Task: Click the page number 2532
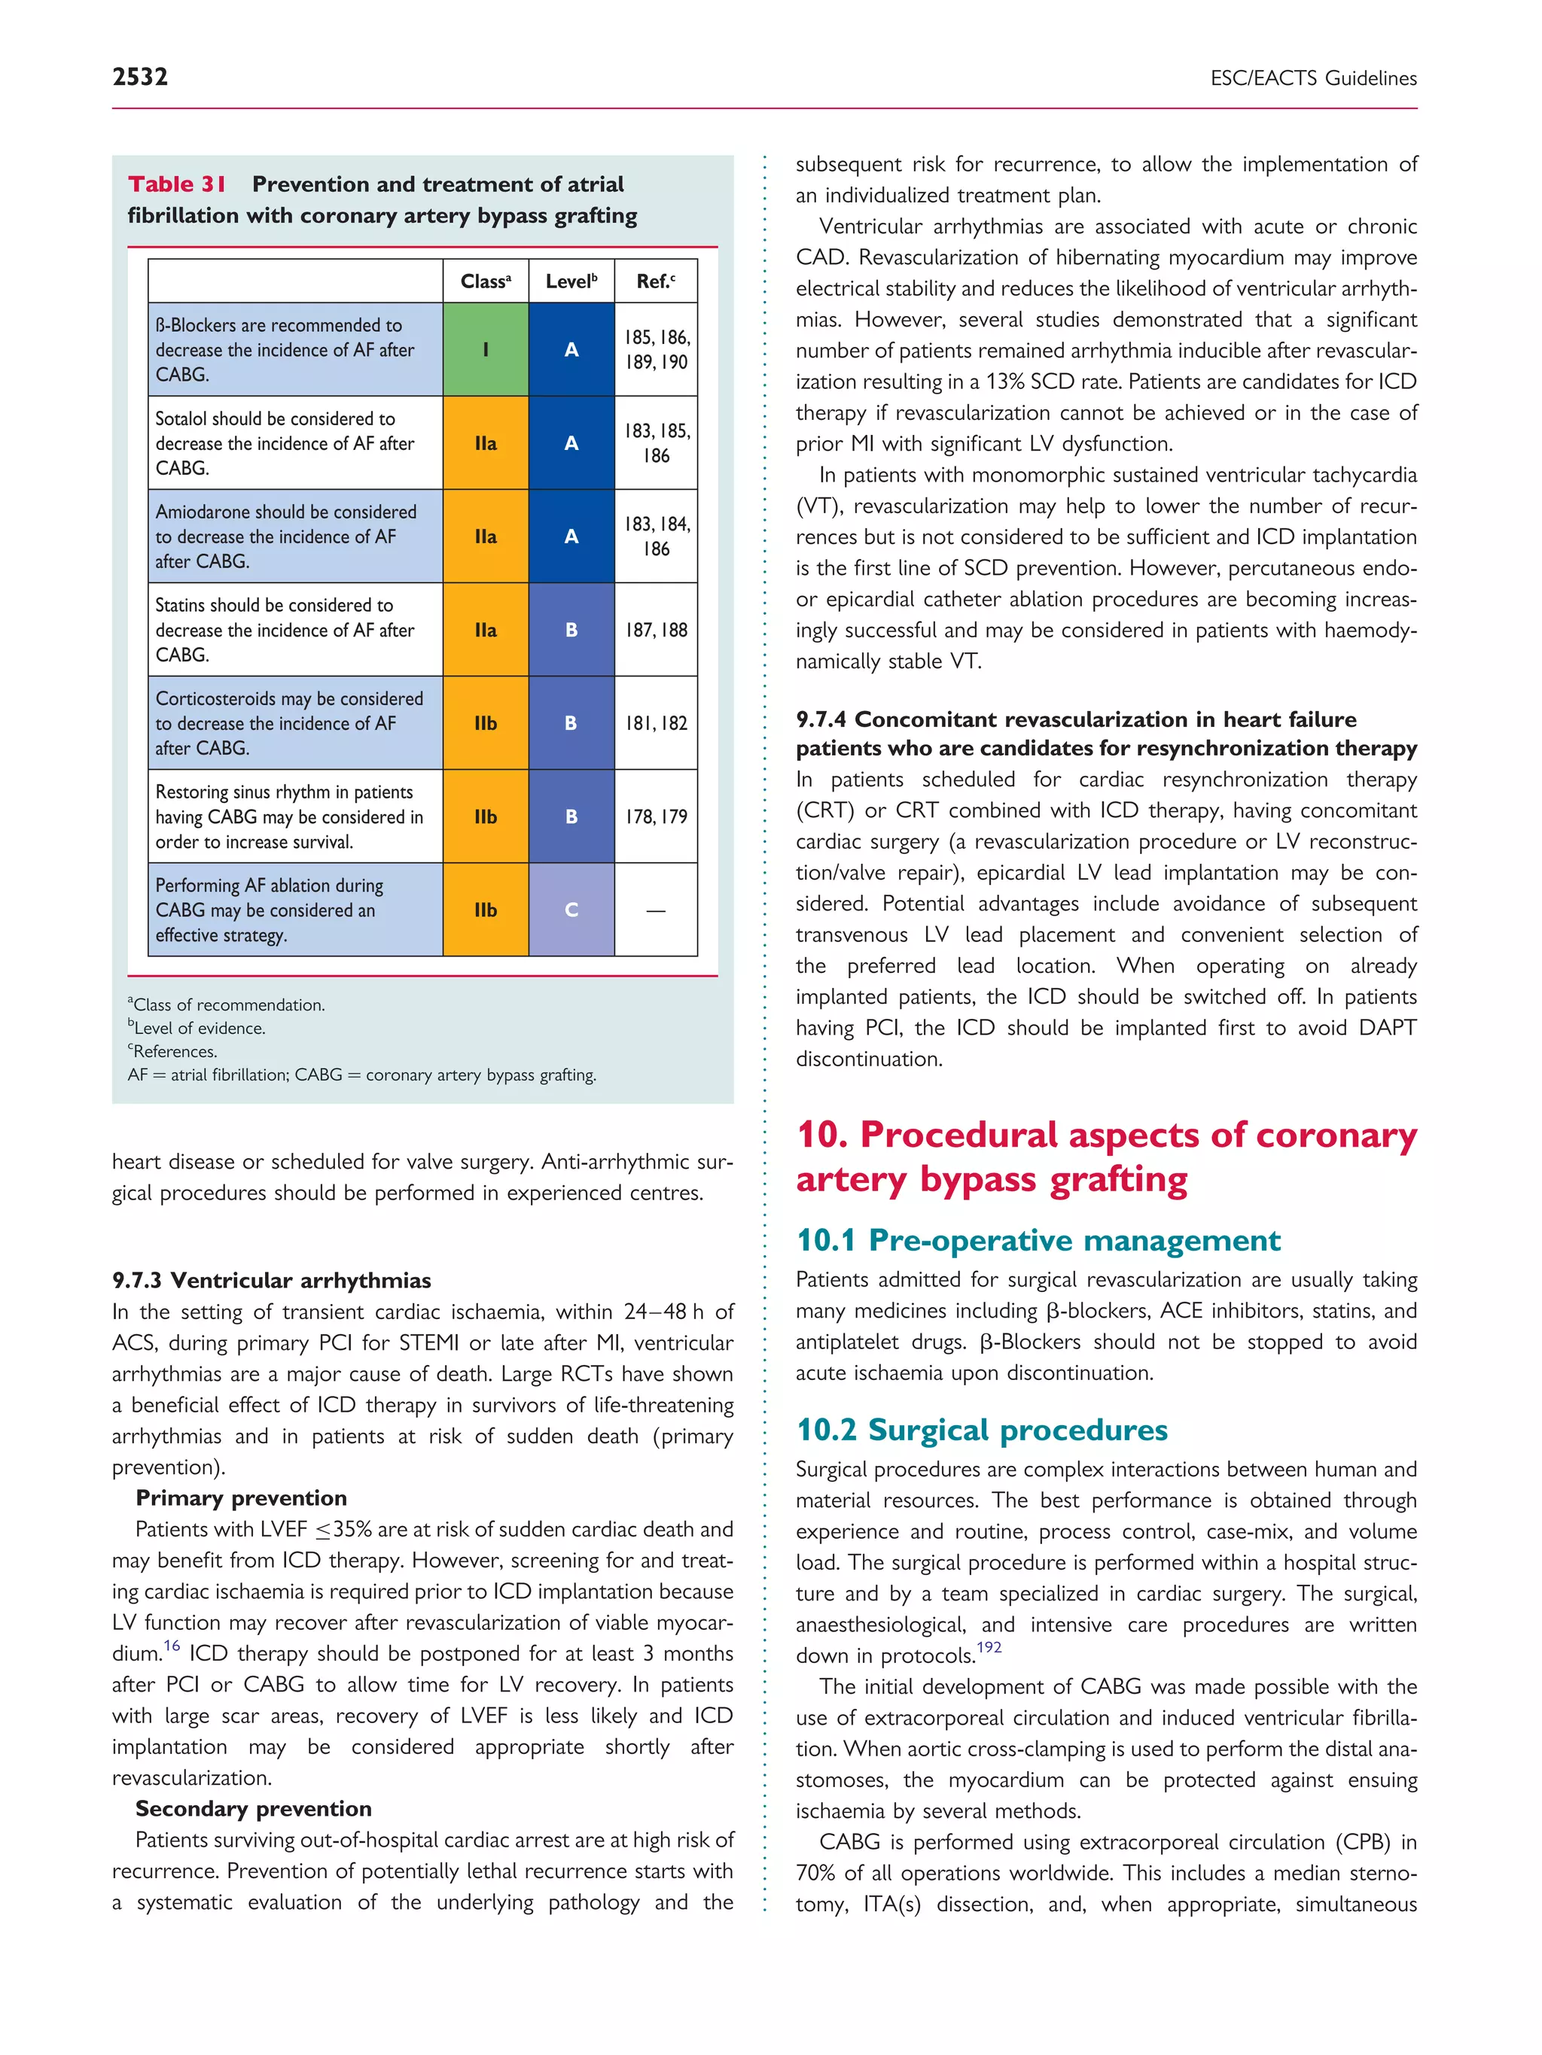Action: pyautogui.click(x=140, y=77)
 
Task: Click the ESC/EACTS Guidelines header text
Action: pyautogui.click(x=1312, y=79)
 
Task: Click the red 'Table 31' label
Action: pyautogui.click(x=177, y=184)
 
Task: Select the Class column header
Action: pyautogui.click(x=485, y=281)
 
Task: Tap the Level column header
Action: pyautogui.click(x=571, y=281)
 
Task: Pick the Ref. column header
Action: pyautogui.click(x=655, y=281)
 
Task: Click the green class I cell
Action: pyautogui.click(x=485, y=349)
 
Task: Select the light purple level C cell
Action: pyautogui.click(x=571, y=910)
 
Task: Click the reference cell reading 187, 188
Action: pyautogui.click(x=655, y=630)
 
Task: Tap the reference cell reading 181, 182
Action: pyautogui.click(x=655, y=723)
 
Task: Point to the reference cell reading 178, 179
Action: pyautogui.click(x=655, y=816)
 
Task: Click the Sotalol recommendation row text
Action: pyautogui.click(x=285, y=443)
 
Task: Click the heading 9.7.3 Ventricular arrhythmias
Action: pyautogui.click(x=271, y=1280)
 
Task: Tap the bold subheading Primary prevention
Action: pyautogui.click(x=241, y=1497)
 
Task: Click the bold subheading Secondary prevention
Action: pyautogui.click(x=253, y=1808)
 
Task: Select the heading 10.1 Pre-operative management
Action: pyautogui.click(x=1038, y=1240)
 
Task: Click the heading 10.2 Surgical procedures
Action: pyautogui.click(x=982, y=1430)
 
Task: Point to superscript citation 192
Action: pyautogui.click(x=989, y=1647)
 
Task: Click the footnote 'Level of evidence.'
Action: pyautogui.click(x=198, y=1029)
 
